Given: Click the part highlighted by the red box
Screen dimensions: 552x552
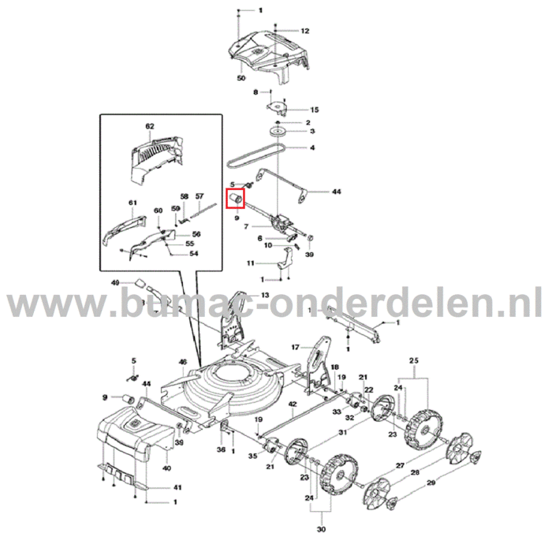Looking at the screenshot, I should (236, 196).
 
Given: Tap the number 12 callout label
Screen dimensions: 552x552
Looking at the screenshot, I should (305, 31).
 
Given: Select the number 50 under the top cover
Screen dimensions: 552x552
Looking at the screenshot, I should (241, 79).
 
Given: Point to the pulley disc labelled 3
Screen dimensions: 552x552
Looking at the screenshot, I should (279, 131).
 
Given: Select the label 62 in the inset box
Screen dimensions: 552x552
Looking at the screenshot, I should (149, 126).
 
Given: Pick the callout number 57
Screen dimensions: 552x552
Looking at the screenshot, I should (200, 196).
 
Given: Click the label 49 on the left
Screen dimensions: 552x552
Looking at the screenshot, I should (115, 282).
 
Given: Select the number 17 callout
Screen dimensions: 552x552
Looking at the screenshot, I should (295, 347).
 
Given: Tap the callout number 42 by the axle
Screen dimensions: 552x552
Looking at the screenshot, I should (291, 404).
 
